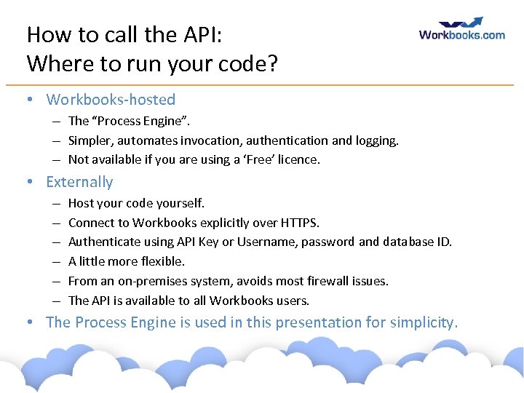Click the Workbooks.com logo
click(x=461, y=30)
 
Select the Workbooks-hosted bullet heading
click(x=111, y=100)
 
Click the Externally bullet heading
click(x=79, y=182)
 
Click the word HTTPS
click(x=298, y=223)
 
